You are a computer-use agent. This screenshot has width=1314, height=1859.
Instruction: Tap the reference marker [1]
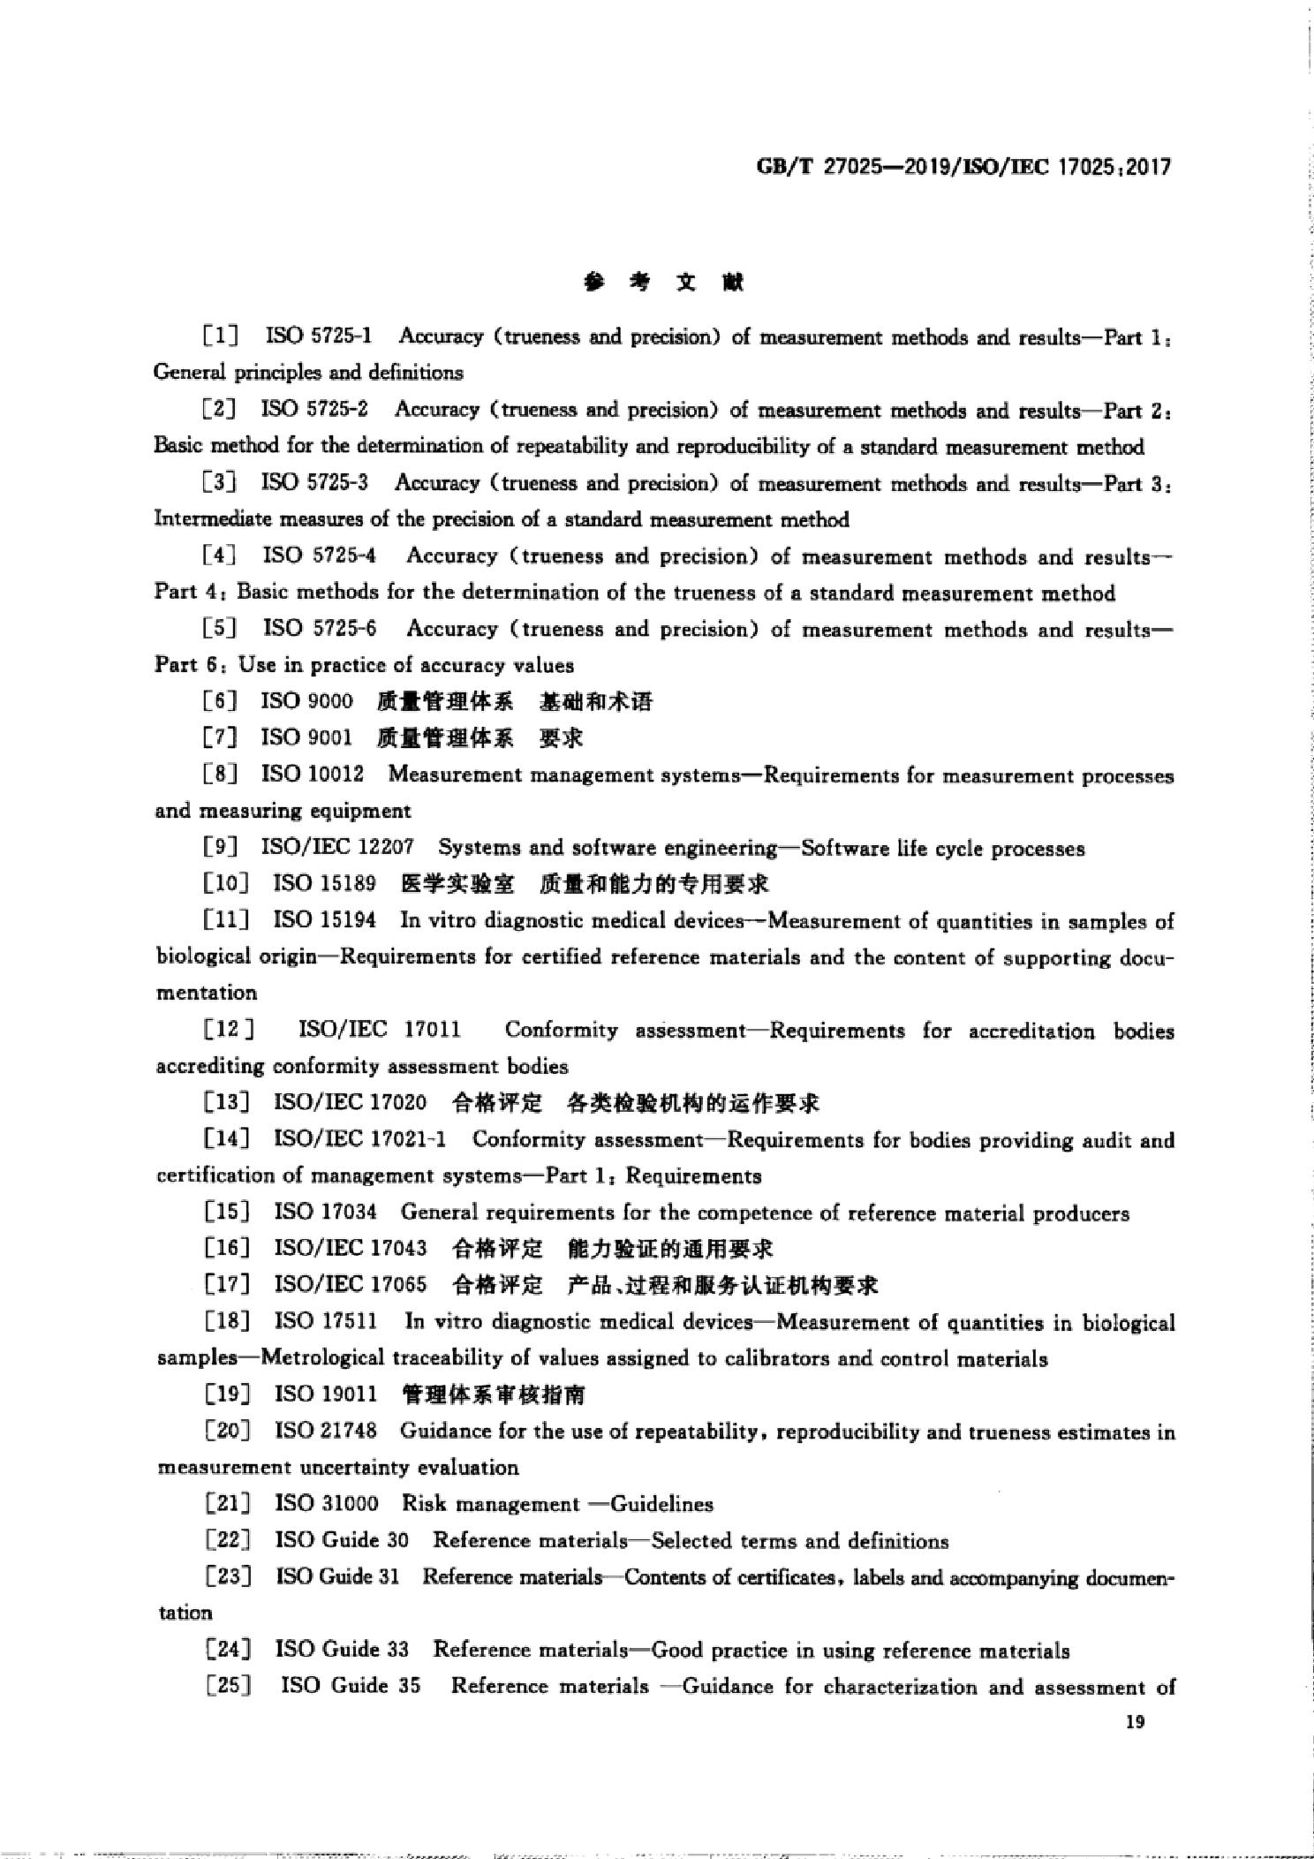tap(219, 336)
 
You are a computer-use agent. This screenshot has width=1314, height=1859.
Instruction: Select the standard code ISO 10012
tap(313, 774)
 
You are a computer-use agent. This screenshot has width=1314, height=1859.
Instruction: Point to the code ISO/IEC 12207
tap(337, 847)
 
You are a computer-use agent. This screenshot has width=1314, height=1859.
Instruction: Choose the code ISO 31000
tap(326, 1503)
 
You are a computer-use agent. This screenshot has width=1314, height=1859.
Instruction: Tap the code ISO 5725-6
tap(320, 628)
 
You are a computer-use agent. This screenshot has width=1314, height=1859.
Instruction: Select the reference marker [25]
tap(228, 1685)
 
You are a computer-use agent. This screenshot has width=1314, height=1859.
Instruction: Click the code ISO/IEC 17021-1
tap(359, 1138)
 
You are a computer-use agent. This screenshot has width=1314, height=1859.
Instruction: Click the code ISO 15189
tap(324, 883)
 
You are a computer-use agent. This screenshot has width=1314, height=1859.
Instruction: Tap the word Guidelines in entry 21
tap(662, 1503)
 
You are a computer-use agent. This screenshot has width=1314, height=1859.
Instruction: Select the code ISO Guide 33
tap(342, 1649)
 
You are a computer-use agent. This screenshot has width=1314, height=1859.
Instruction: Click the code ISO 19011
tap(325, 1394)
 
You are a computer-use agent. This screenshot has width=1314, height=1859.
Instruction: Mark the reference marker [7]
tap(219, 737)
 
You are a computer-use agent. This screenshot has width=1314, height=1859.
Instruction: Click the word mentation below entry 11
tap(207, 993)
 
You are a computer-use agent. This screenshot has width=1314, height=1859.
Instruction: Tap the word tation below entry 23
tap(185, 1613)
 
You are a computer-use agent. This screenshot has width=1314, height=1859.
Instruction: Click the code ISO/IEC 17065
tap(350, 1284)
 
